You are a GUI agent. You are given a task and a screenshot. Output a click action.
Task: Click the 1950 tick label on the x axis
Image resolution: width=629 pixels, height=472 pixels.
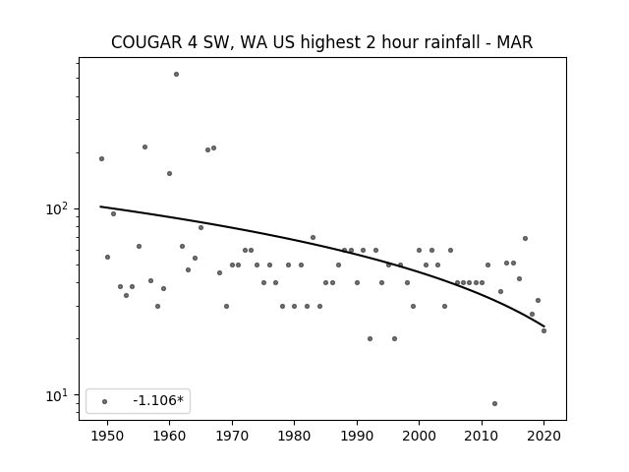click(107, 436)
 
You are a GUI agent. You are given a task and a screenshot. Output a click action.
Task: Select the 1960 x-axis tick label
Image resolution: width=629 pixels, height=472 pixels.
click(169, 436)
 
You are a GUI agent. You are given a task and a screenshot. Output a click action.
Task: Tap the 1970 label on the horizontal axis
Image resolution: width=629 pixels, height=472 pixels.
click(232, 436)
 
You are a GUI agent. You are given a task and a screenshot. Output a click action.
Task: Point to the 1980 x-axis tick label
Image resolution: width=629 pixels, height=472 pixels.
click(294, 436)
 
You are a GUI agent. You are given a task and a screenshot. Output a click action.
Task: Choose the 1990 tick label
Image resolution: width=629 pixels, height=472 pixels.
click(357, 436)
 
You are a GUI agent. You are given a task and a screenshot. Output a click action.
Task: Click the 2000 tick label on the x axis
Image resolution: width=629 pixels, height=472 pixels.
click(420, 436)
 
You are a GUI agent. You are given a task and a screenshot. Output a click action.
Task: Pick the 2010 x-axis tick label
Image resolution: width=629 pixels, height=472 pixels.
click(482, 436)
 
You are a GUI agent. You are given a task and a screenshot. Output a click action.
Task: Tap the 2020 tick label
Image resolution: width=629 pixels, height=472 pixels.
click(543, 436)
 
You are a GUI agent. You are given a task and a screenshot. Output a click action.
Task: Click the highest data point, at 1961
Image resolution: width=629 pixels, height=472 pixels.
click(176, 75)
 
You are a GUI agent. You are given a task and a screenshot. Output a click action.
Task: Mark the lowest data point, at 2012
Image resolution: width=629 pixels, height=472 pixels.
click(494, 404)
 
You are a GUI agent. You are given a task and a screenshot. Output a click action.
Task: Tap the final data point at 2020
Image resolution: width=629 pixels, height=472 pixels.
click(543, 330)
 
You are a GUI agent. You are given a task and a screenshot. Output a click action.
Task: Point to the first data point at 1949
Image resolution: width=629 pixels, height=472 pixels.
click(101, 159)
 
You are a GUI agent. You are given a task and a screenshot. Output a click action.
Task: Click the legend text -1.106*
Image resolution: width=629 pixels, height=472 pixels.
click(158, 400)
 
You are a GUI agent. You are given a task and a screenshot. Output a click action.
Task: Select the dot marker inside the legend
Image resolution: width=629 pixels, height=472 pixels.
click(105, 402)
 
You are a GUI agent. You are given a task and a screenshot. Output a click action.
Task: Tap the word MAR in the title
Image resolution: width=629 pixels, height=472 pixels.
click(515, 42)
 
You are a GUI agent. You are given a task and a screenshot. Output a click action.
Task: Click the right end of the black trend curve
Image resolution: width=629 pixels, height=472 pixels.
click(543, 326)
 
